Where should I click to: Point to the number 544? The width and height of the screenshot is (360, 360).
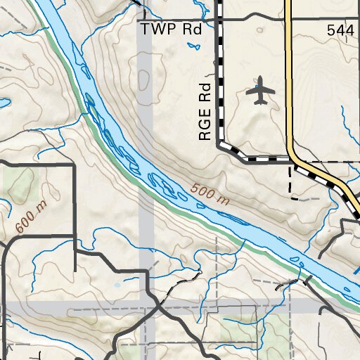340,30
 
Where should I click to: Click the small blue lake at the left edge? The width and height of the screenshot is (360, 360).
3,103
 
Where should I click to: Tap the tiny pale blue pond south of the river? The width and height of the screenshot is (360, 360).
117,285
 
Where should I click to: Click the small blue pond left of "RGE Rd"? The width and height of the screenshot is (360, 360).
191,48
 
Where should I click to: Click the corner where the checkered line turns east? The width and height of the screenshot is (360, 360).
219,145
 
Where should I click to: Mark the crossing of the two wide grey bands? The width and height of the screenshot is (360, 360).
146,307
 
